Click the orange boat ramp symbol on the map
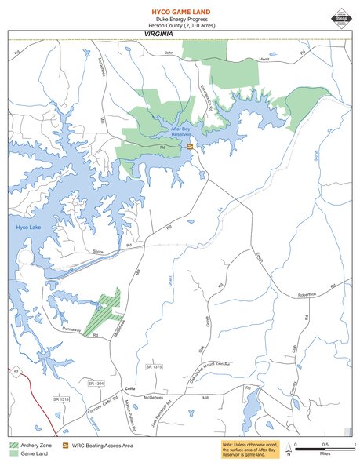tap(190, 146)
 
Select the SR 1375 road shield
tap(154, 366)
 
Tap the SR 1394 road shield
tap(96, 383)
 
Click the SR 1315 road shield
tap(61, 400)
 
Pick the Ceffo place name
tap(131, 389)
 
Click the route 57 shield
tap(15, 371)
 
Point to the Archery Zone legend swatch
tap(15, 445)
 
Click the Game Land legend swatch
tap(15, 453)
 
